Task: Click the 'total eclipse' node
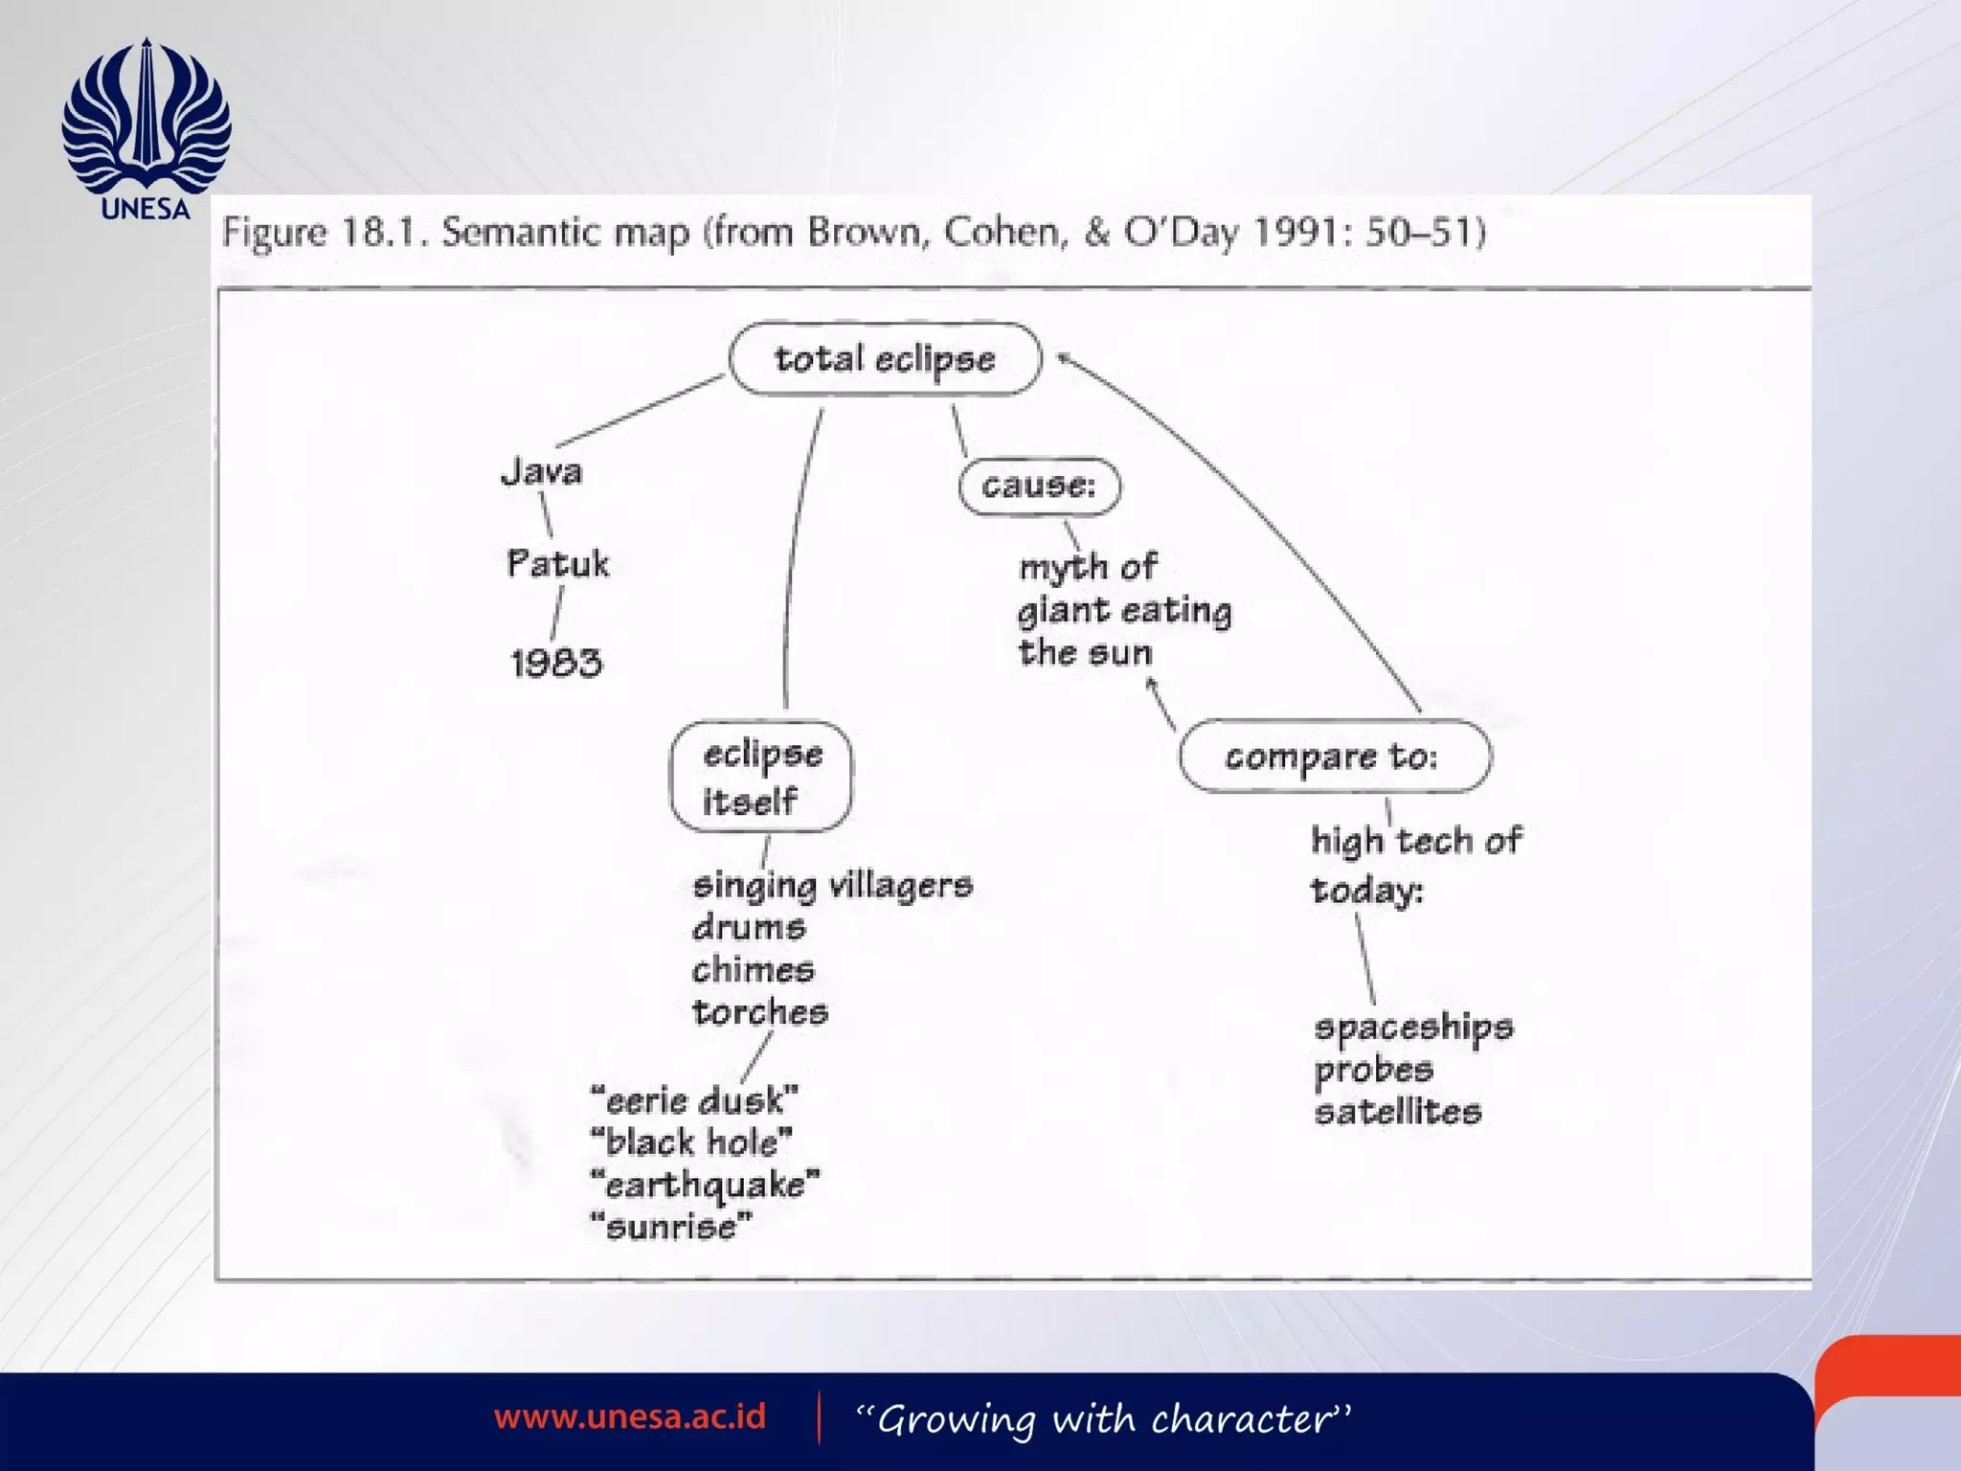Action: [x=885, y=359]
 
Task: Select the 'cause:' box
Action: [x=1039, y=487]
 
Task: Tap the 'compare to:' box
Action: [x=1334, y=757]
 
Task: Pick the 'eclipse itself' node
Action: [x=761, y=777]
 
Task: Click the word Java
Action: [x=542, y=471]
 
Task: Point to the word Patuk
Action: [x=557, y=563]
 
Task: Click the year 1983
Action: [x=556, y=663]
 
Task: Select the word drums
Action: [x=749, y=927]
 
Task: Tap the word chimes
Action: [x=754, y=969]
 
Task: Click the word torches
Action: [x=760, y=1012]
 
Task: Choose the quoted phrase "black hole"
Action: [x=691, y=1143]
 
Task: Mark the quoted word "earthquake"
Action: [x=706, y=1185]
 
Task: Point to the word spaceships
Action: [x=1413, y=1028]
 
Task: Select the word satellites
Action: [x=1398, y=1112]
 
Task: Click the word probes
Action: [x=1373, y=1070]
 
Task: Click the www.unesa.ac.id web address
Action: [x=630, y=1416]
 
